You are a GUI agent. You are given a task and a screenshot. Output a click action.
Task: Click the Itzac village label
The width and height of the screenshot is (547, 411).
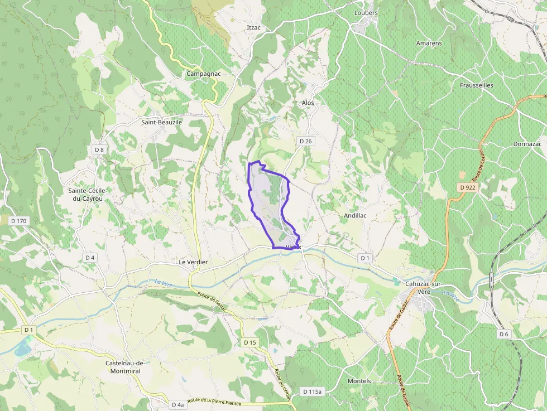coord(254,27)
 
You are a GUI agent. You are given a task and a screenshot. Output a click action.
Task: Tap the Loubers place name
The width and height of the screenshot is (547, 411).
coord(366,13)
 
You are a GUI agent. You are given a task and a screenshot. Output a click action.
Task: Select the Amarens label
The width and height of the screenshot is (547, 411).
coord(429,43)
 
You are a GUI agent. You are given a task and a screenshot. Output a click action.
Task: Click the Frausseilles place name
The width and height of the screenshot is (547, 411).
coord(476,85)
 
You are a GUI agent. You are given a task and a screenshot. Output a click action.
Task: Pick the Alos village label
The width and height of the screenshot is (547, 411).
coord(308,103)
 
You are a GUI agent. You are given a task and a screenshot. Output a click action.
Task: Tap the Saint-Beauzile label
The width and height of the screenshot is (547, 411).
coord(162,122)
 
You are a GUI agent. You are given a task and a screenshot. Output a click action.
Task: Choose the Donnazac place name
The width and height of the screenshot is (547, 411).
coord(527,144)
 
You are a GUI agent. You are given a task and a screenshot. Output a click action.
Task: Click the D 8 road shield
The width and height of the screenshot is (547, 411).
coord(99,149)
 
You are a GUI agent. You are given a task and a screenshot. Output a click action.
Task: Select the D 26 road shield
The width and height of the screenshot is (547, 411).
coord(305,142)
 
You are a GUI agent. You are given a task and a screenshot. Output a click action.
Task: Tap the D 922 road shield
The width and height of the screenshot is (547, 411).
coord(468,187)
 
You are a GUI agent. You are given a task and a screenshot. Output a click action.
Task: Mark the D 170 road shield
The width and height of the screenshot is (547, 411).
coord(18,221)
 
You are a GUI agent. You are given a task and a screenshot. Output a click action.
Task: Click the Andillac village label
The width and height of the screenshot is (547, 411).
coord(355,215)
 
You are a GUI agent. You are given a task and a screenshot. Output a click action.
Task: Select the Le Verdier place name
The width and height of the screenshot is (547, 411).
coord(193,262)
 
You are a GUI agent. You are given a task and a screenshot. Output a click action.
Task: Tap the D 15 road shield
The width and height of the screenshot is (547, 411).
coord(249,342)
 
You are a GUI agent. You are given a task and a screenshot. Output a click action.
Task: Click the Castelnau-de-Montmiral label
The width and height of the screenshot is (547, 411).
coord(125,367)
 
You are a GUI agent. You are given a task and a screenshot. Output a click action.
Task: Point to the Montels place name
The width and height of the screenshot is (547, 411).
coord(359,381)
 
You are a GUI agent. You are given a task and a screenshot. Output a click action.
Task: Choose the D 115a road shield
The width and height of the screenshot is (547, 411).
coord(311,392)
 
